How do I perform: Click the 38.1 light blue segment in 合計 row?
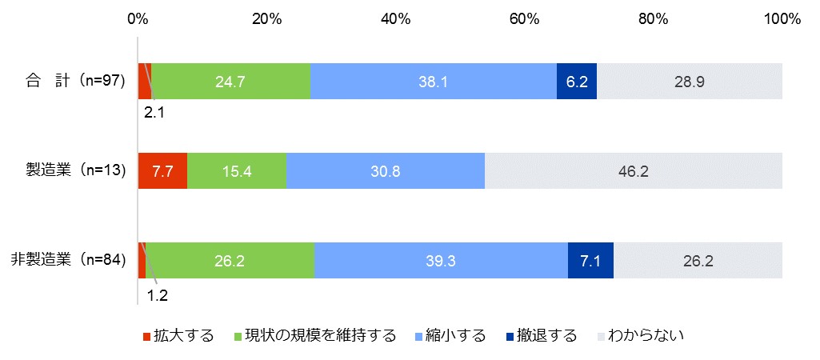click(433, 81)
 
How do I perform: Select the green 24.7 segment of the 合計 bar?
click(230, 81)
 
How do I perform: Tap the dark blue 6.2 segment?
click(576, 81)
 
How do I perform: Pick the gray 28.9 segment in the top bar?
click(689, 81)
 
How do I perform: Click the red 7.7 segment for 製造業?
click(162, 170)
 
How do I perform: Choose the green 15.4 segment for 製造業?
click(236, 170)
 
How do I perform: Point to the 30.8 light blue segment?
click(385, 170)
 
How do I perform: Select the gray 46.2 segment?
click(633, 170)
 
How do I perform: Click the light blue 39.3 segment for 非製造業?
click(441, 260)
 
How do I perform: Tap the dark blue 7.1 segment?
click(590, 260)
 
